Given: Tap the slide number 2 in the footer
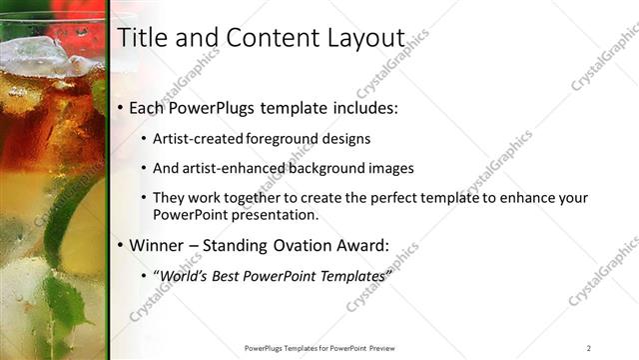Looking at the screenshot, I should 589,347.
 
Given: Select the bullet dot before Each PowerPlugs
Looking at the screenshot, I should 121,106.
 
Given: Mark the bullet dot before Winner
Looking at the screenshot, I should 121,244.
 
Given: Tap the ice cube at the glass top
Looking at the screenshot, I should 35,55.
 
